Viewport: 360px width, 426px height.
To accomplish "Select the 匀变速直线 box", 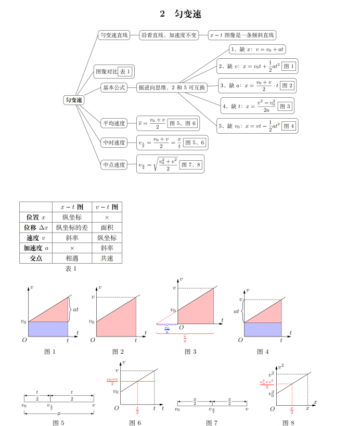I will point(113,35).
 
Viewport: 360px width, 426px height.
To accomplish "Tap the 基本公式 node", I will point(114,88).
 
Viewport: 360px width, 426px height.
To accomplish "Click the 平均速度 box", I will point(114,123).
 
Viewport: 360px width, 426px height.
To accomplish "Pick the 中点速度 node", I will point(114,164).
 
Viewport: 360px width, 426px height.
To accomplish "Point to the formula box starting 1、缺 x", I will point(257,49).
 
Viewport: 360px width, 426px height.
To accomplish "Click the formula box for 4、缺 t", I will point(257,106).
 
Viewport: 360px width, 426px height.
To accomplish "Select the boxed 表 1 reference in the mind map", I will point(125,71).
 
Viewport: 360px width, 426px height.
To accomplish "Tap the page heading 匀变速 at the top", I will point(179,14).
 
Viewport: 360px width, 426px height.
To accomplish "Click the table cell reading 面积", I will point(107,227).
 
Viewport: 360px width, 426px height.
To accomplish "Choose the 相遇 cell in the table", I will point(72,258).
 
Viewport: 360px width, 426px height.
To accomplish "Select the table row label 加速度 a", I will point(36,248).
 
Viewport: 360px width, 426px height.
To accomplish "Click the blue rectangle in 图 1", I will point(48,329).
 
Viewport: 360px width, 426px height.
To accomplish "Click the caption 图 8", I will point(288,422).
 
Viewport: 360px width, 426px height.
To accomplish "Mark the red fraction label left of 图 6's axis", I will point(111,381).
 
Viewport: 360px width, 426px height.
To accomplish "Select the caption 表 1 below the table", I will point(71,269).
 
